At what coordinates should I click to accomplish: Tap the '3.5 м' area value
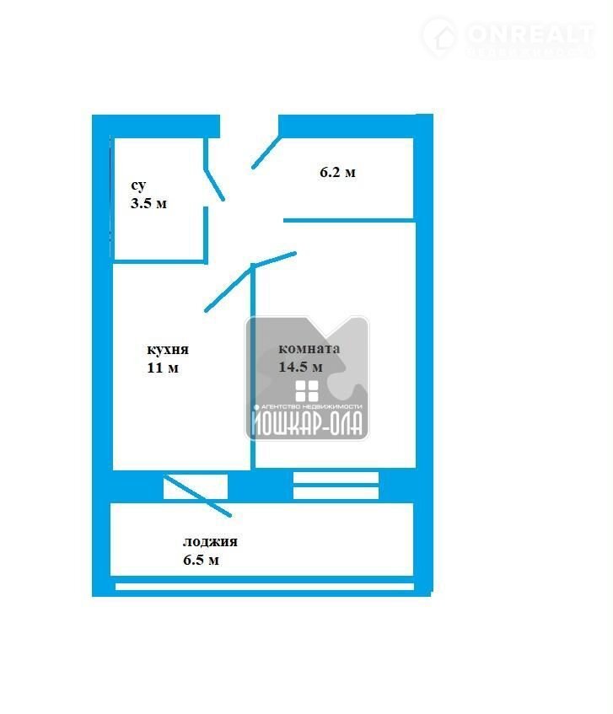pos(148,203)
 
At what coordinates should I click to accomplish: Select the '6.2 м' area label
pos(337,173)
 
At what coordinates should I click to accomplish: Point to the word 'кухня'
pos(168,350)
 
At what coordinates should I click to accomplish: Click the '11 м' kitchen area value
pos(163,368)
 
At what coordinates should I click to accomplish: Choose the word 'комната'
pos(309,349)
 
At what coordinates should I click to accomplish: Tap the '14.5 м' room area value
pos(301,367)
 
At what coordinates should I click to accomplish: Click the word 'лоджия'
pos(210,542)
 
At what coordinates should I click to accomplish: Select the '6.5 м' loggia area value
pos(202,560)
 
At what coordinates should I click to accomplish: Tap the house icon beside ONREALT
pos(439,37)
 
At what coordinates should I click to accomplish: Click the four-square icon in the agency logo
pos(307,390)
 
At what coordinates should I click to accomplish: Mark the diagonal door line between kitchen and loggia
pos(197,496)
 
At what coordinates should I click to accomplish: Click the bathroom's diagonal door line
pos(215,183)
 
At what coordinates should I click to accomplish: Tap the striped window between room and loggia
pos(336,486)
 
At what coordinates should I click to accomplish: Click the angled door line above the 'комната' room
pos(275,259)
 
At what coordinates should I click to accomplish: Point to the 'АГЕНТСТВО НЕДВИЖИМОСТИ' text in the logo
pos(309,406)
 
